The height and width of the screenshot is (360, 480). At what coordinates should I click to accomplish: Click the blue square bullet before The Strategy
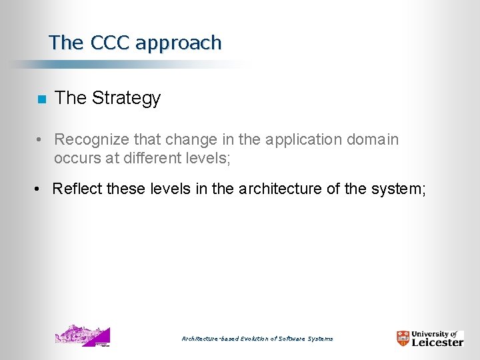[41, 99]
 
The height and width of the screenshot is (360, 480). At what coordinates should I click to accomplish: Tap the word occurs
[75, 158]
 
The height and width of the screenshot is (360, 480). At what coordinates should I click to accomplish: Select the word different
[148, 158]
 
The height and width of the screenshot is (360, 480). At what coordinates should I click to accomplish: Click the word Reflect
[77, 189]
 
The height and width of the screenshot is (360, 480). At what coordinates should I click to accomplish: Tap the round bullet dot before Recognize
[41, 141]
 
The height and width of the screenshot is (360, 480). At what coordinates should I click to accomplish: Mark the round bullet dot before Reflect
[38, 190]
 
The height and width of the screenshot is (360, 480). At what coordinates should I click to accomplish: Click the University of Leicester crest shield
[403, 338]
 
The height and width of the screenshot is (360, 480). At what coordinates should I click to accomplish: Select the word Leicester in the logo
[437, 342]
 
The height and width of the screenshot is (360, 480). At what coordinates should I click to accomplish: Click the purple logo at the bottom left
[82, 335]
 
